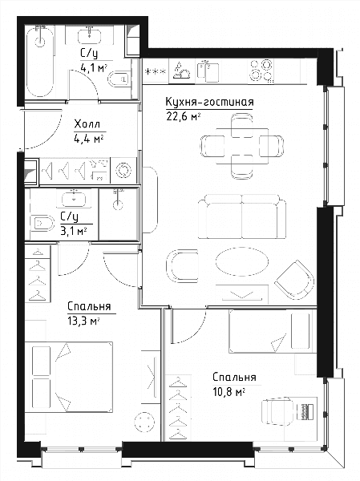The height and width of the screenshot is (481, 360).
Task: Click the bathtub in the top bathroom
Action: pos(40,62)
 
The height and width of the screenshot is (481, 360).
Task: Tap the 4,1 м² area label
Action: pos(94,67)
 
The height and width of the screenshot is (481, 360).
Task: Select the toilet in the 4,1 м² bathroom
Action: pos(119,79)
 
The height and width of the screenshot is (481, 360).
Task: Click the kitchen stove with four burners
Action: pos(261,71)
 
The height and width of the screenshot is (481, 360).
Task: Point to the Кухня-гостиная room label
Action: pos(209,102)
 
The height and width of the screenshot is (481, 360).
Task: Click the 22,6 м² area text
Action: pos(184,116)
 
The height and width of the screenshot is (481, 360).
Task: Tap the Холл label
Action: pos(87,124)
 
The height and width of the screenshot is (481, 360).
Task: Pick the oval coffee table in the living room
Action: pos(242,261)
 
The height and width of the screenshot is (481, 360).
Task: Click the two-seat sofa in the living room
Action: pos(242,216)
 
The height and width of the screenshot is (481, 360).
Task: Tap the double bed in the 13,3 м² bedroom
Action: pos(69,377)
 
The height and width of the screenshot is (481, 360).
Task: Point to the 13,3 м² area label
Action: pos(83,321)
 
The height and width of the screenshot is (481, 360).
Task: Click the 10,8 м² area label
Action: pos(229,392)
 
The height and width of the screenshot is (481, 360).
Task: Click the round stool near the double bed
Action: pos(145,422)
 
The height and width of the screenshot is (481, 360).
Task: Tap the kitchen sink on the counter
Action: pos(208,71)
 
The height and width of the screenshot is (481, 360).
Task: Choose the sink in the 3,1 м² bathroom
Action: pos(76,199)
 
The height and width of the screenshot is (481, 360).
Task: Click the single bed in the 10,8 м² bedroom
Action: pos(273,331)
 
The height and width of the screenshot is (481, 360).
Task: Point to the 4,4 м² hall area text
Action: pos(88,139)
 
